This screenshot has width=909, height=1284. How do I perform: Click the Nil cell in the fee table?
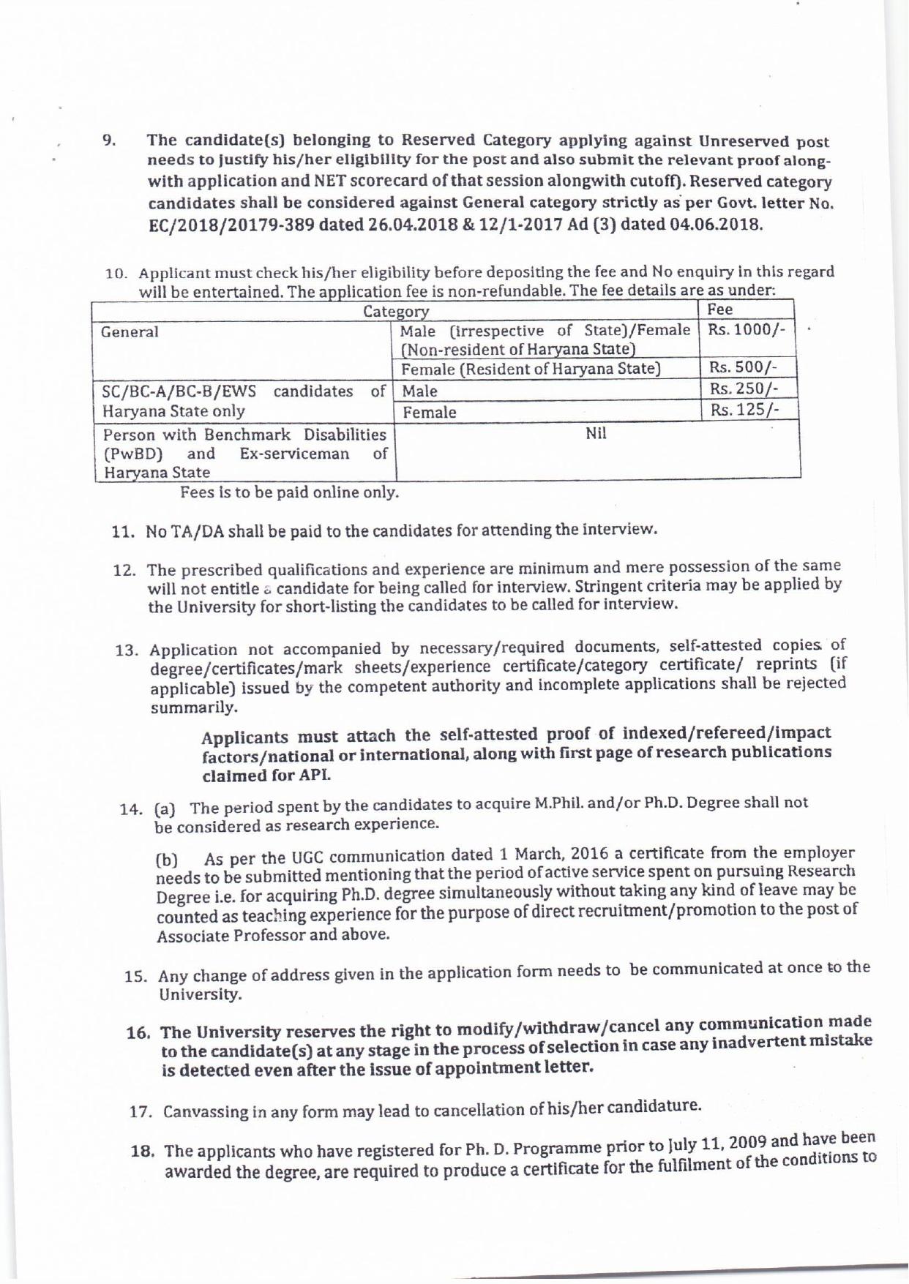point(596,434)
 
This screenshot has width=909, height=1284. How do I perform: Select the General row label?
point(130,332)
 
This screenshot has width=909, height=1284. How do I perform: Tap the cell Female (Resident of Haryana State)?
point(531,369)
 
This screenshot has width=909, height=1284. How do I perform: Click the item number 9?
point(108,139)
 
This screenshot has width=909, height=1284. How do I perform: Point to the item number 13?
point(127,650)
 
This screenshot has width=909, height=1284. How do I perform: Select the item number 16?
point(138,1033)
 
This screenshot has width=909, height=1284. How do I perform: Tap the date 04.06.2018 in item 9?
point(716,222)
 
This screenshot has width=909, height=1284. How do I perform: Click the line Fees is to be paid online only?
point(290,492)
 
